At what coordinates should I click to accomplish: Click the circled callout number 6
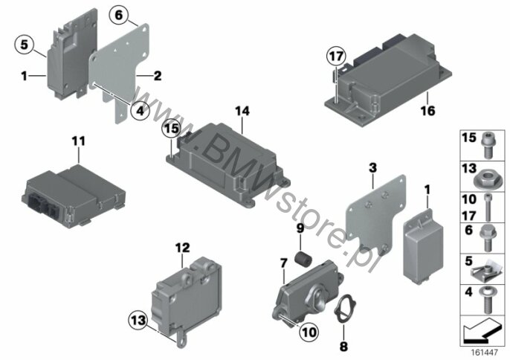(x=119, y=16)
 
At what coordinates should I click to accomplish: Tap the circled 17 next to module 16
(x=336, y=57)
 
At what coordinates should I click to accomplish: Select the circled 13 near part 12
(x=139, y=321)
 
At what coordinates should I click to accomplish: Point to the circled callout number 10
(x=309, y=332)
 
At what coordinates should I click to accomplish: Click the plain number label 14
(x=242, y=112)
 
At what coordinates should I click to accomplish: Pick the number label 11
(x=79, y=141)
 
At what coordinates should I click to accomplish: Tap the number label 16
(x=427, y=111)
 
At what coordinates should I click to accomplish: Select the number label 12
(x=182, y=248)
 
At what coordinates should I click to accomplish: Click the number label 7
(x=284, y=263)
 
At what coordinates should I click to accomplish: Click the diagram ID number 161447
(x=485, y=353)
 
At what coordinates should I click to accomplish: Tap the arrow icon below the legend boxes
(x=482, y=331)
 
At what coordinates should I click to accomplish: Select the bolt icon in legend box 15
(x=487, y=146)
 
